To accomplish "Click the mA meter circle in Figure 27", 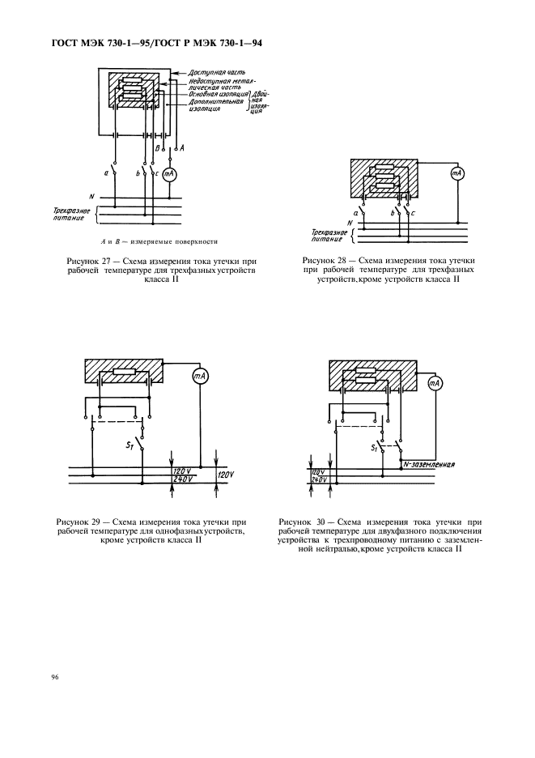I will click(x=170, y=173).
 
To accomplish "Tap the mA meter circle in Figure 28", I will click(x=457, y=174).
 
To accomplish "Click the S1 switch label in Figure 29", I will click(x=129, y=443).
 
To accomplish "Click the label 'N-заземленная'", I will click(x=430, y=466).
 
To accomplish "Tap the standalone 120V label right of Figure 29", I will click(x=225, y=475).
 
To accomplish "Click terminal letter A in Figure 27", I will click(x=182, y=148).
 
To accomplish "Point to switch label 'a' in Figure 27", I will click(x=106, y=172).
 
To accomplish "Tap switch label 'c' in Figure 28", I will click(x=414, y=213).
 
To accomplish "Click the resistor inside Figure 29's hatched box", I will click(x=124, y=373).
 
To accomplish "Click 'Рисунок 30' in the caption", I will click(x=304, y=522).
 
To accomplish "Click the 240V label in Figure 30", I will click(x=318, y=479).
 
